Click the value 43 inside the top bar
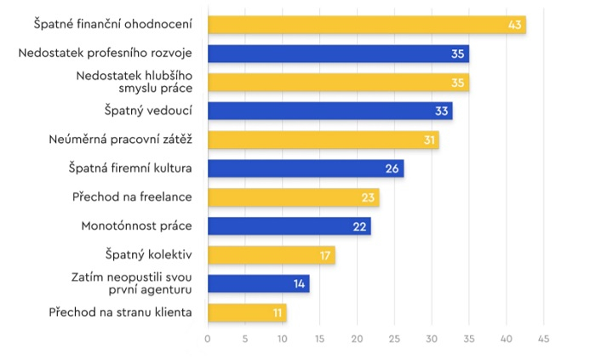pos(514,25)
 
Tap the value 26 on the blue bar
pos(393,169)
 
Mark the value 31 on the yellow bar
pos(429,140)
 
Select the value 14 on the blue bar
pos(299,284)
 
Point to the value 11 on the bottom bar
pos(278,313)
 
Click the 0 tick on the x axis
pos(208,339)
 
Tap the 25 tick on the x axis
pos(394,339)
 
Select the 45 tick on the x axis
pos(543,339)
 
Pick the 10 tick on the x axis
pos(282,339)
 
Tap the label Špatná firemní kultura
pos(130,169)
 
